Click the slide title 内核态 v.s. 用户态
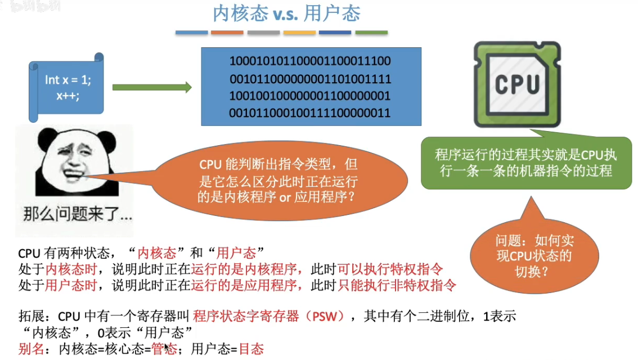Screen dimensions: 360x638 (286, 14)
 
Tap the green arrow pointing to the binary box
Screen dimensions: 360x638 (152, 87)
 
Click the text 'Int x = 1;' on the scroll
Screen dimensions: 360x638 (68, 80)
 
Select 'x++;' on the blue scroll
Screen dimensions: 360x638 (68, 95)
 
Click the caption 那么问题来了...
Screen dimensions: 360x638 (78, 214)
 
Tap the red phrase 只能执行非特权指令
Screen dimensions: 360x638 (397, 285)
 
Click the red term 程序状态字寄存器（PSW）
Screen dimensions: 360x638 (269, 316)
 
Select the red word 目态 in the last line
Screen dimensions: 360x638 (251, 349)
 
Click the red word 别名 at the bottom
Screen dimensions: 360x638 (31, 349)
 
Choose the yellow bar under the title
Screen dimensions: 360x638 (299, 33)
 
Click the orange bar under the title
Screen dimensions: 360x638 (227, 33)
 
